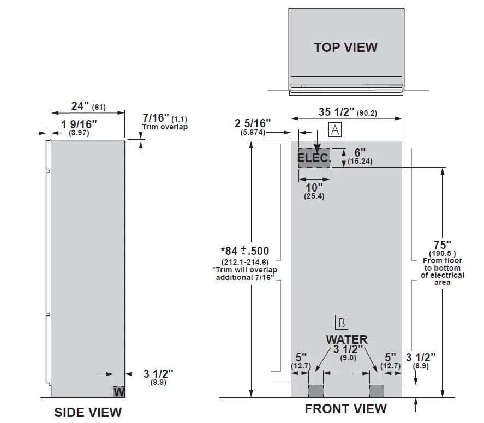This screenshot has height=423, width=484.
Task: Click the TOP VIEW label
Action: coord(345,47)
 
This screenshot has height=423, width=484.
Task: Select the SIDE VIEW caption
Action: coord(88,412)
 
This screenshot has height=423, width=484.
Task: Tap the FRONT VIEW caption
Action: coord(345,408)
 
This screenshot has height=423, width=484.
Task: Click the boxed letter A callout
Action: coord(334,129)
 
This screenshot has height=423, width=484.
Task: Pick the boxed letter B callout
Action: coord(342,322)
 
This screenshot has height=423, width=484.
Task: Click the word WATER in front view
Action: coord(346,339)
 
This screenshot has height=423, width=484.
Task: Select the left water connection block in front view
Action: coord(316,391)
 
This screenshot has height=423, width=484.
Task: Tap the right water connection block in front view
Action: coord(377,391)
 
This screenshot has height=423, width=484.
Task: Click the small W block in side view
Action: coord(119,391)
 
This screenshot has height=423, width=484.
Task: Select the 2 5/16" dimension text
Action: coord(253,123)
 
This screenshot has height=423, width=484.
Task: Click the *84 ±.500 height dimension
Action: coord(245,251)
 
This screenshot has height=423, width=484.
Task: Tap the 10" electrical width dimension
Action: coord(314,187)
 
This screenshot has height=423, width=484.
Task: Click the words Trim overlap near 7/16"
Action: coord(165,127)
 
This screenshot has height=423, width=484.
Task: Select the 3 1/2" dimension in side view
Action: coord(158,374)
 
